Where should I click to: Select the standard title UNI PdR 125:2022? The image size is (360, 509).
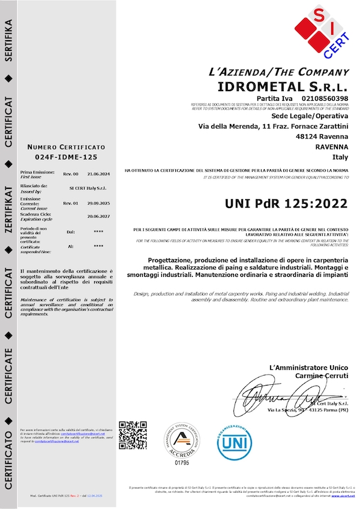tap(286, 203)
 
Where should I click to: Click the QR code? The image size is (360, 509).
tap(133, 436)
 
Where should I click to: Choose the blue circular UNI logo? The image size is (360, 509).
tap(235, 442)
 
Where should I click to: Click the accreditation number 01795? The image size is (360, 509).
tap(181, 463)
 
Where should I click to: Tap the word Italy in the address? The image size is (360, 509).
tap(340, 158)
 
